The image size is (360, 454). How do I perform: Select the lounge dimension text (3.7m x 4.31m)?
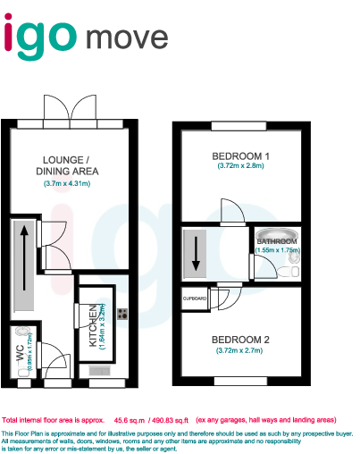pyautogui.click(x=68, y=184)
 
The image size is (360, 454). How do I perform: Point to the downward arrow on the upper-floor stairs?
pyautogui.click(x=196, y=256)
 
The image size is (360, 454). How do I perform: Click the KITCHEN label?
pyautogui.click(x=93, y=326)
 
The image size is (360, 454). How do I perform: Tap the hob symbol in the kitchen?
pyautogui.click(x=121, y=314)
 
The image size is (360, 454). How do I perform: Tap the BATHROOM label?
pyautogui.click(x=277, y=241)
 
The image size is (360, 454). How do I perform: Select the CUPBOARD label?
pyautogui.click(x=195, y=297)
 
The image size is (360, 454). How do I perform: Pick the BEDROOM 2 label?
pyautogui.click(x=240, y=340)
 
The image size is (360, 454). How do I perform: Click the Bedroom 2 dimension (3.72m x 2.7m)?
pyautogui.click(x=240, y=351)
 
